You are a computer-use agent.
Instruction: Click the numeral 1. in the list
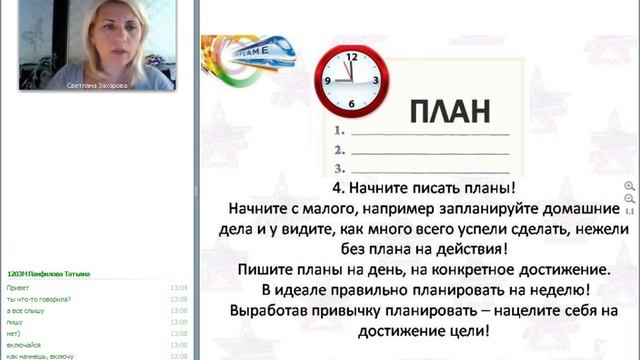click(341, 131)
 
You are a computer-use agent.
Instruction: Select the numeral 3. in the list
click(341, 168)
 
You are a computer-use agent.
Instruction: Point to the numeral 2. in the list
click(341, 150)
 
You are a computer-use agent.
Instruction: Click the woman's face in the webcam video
click(110, 35)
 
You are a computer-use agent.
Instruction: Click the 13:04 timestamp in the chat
click(179, 287)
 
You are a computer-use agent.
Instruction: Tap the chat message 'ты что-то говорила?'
click(32, 299)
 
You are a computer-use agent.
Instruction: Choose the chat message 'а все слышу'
click(24, 310)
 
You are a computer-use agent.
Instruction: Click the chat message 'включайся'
click(24, 344)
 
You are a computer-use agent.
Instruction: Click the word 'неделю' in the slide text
click(553, 290)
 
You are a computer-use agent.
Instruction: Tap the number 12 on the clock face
click(351, 57)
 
